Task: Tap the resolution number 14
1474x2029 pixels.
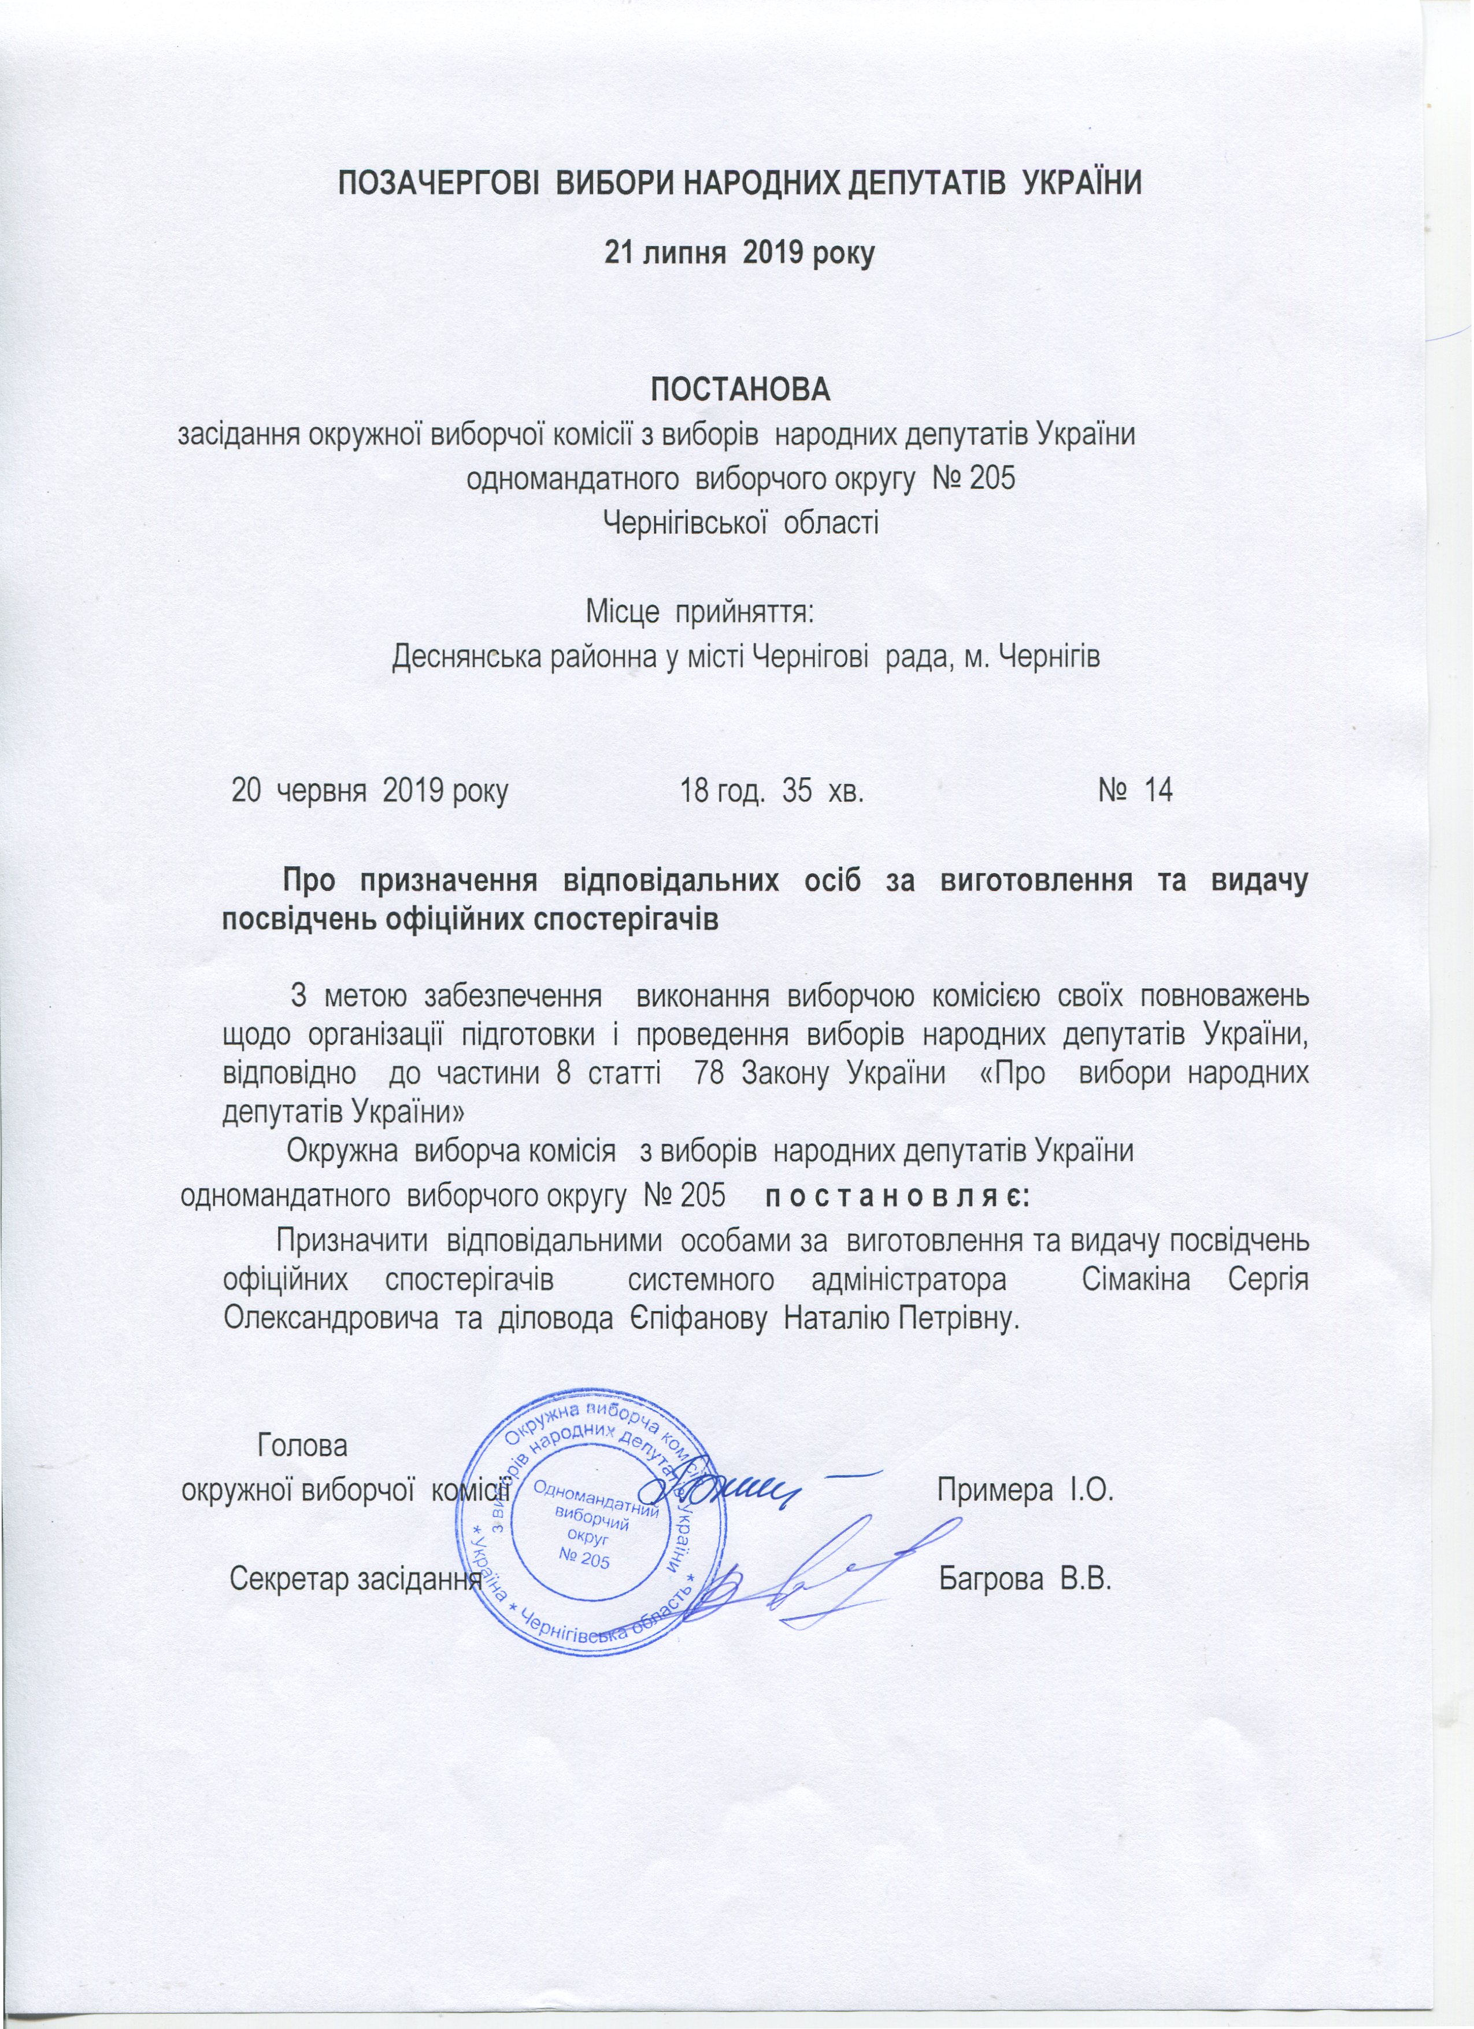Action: click(x=1158, y=790)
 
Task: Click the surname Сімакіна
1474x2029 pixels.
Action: click(x=1136, y=1279)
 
